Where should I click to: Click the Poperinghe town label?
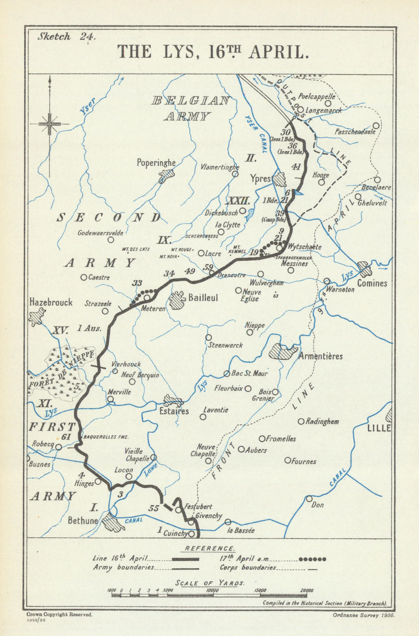156,163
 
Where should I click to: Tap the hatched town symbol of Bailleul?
177,299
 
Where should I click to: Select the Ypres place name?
261,178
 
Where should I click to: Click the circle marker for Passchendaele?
375,126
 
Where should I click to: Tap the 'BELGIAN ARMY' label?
190,108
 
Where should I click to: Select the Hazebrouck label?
51,302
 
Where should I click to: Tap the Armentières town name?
320,356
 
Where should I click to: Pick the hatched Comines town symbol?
365,269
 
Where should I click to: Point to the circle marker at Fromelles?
262,438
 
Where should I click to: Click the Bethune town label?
82,520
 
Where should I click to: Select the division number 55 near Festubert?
153,508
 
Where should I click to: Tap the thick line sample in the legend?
185,559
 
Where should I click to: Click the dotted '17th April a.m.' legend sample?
312,559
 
